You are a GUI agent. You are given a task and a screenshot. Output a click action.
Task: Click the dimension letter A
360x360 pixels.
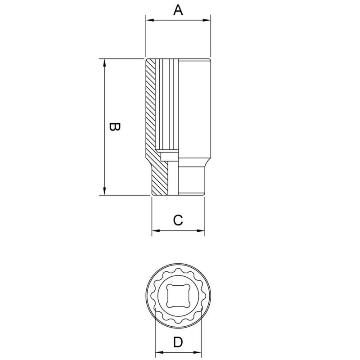(x=178, y=10)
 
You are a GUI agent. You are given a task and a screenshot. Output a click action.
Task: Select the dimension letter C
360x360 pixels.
(x=178, y=220)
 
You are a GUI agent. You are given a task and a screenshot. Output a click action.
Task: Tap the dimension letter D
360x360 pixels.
(x=178, y=343)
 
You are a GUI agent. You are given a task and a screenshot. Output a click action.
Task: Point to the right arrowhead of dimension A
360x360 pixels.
(x=208, y=20)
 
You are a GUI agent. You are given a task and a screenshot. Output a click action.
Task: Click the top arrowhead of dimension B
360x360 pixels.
(x=105, y=62)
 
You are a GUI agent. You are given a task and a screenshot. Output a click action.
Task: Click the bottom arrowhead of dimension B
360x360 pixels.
(x=105, y=192)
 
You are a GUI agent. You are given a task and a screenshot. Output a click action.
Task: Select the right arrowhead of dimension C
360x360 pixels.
(x=202, y=231)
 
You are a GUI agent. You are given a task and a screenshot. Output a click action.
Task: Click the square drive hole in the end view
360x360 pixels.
(x=179, y=295)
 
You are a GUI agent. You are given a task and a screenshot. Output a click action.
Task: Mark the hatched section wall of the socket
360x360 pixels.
(x=151, y=112)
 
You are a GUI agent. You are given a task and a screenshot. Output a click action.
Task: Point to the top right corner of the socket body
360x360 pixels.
(x=210, y=59)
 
